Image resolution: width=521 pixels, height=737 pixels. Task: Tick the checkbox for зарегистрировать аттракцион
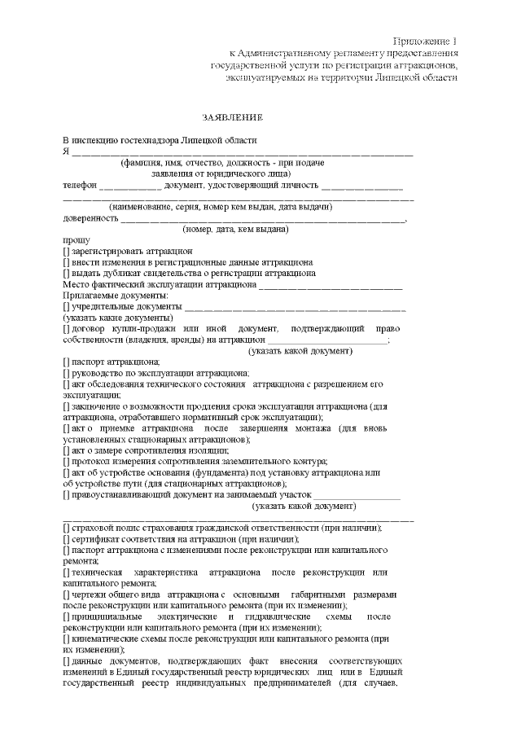point(66,252)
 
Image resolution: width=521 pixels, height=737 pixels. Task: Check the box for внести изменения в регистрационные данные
point(66,263)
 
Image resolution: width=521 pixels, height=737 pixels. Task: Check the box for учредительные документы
point(66,307)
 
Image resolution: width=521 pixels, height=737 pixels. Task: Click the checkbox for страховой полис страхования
point(66,528)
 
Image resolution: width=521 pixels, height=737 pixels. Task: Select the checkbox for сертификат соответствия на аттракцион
point(66,539)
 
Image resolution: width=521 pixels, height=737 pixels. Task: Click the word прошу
point(74,241)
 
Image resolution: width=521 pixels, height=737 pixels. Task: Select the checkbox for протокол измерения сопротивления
point(66,461)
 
